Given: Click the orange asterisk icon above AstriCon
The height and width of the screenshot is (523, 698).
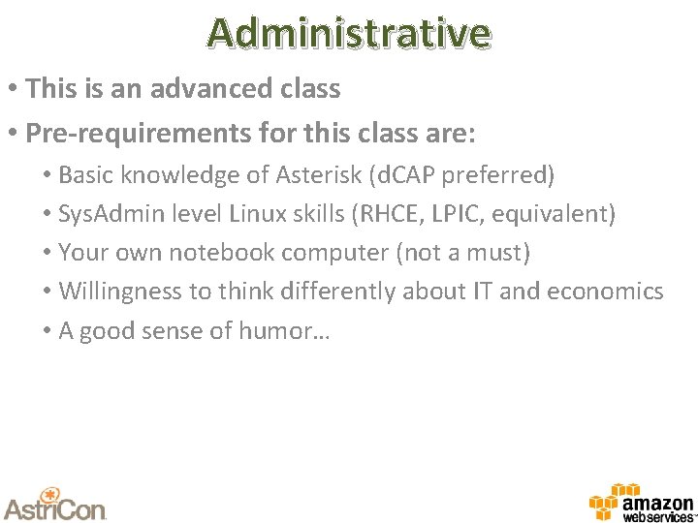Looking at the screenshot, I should click(x=52, y=490).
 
